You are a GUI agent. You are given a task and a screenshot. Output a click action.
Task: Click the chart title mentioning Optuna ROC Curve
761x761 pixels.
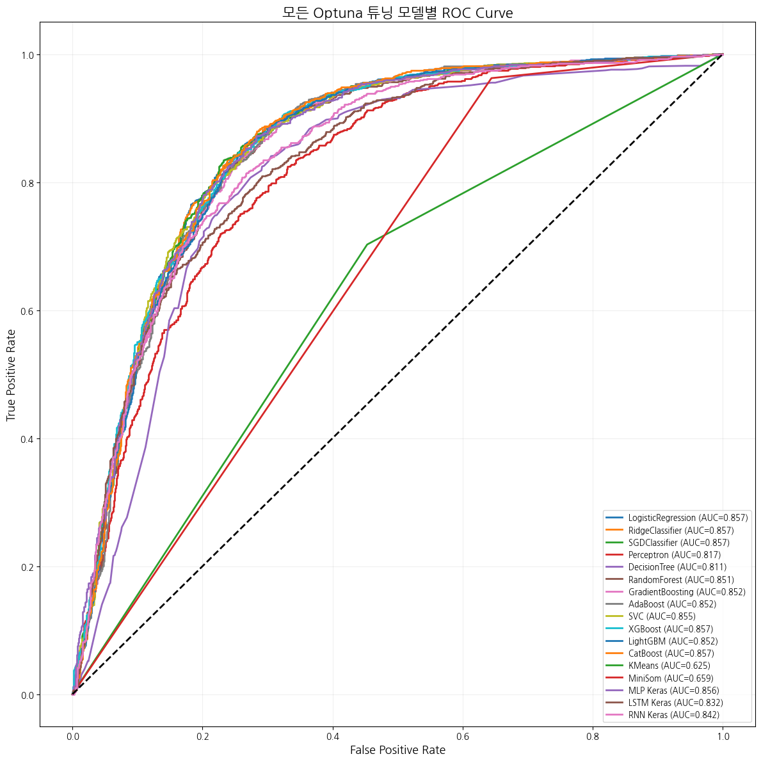pos(397,13)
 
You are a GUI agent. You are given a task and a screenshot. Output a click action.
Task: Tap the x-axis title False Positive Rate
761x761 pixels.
pos(397,749)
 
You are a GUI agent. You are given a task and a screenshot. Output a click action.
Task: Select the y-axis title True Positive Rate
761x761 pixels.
pos(12,374)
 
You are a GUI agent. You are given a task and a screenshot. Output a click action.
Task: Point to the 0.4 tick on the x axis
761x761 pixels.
pos(333,736)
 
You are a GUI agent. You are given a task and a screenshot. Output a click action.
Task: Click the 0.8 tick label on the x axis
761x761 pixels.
pos(593,736)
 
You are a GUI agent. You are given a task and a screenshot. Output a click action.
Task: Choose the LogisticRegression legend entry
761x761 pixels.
pos(679,518)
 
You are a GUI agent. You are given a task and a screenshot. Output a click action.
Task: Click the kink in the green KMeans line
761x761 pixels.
pos(366,244)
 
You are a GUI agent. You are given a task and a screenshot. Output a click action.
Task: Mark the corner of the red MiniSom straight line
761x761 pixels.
pos(490,78)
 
